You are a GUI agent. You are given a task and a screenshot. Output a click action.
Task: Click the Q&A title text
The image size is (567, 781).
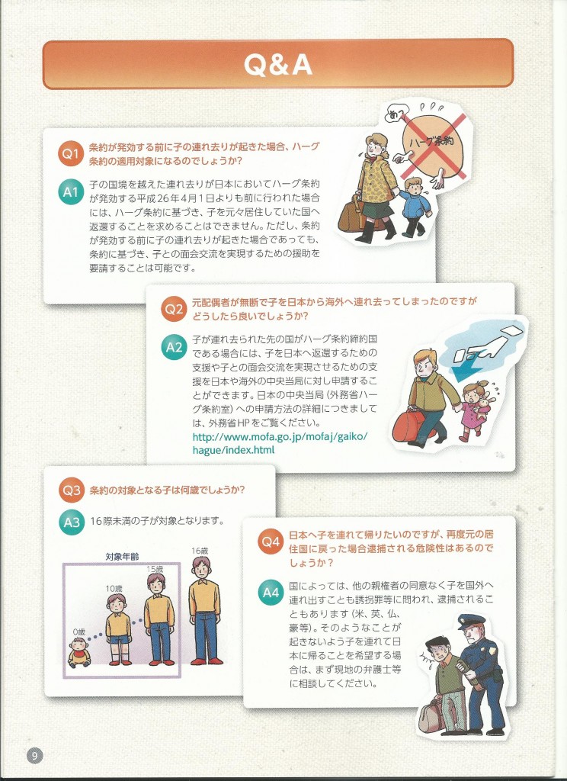point(277,65)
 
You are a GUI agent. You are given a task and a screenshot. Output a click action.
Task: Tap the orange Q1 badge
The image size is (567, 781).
point(70,154)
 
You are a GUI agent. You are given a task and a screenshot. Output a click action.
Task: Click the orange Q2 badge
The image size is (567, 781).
point(174,309)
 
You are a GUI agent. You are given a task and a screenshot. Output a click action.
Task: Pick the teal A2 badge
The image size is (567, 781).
point(174,346)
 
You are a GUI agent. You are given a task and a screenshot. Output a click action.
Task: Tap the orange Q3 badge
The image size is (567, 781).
point(71,490)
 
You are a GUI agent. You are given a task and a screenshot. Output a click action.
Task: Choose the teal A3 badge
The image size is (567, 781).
point(71,522)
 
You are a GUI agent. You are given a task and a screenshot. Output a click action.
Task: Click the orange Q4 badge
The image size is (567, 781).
point(271,542)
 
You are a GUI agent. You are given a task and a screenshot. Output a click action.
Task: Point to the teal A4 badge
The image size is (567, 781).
point(271,593)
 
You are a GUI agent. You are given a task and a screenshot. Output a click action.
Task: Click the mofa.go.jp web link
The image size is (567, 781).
point(280,443)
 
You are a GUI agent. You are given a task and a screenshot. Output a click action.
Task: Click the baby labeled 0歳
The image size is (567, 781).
point(79,652)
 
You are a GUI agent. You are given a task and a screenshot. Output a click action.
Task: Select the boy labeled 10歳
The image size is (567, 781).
point(118,628)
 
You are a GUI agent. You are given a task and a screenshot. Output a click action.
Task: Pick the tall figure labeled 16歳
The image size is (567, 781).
point(204,610)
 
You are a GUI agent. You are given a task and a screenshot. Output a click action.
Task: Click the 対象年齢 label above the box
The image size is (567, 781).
point(122,557)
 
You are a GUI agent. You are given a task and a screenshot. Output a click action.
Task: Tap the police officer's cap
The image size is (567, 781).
point(471,621)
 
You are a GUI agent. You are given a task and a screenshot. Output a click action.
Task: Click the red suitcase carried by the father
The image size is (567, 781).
point(409,426)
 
